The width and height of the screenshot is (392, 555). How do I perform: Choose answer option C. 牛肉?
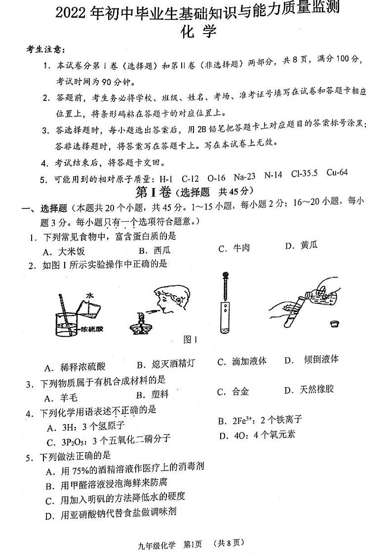point(235,248)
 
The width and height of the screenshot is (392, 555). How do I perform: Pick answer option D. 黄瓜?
point(302,245)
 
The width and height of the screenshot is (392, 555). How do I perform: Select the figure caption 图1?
point(190,340)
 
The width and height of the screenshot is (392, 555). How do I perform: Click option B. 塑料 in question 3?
point(153,394)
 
